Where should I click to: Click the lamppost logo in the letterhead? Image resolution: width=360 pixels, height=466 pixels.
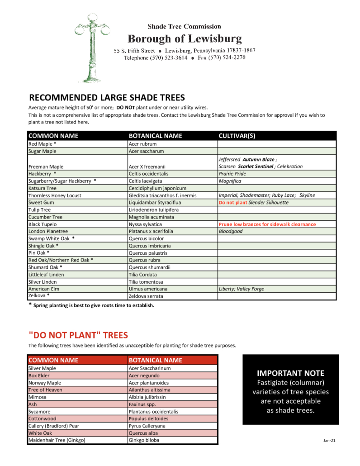point(92,47)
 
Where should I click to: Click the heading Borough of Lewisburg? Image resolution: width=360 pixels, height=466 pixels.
point(184,39)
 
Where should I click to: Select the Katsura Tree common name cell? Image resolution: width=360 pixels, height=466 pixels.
point(43,188)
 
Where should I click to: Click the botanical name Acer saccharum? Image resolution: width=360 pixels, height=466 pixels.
point(146,152)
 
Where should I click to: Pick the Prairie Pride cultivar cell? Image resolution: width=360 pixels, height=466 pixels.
point(232,174)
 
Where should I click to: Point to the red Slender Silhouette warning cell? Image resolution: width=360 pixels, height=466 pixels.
point(253,203)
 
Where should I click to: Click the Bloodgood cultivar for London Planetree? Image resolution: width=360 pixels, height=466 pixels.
point(231,232)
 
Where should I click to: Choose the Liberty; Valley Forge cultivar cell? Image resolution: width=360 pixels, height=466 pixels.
point(242,289)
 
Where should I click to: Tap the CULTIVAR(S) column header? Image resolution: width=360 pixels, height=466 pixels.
point(238,136)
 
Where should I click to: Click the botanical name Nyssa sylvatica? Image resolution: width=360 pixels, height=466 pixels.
point(145,224)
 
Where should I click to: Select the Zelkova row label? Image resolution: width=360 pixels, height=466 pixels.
point(39,296)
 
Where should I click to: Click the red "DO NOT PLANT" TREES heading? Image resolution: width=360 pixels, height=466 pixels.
point(78,335)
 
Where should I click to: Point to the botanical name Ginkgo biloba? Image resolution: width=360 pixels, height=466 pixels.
point(144,440)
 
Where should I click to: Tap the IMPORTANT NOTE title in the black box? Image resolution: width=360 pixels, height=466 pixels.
point(290,373)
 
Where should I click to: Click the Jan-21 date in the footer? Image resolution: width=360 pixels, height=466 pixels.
point(329,440)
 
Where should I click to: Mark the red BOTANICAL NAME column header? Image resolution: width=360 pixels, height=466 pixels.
point(155,360)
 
